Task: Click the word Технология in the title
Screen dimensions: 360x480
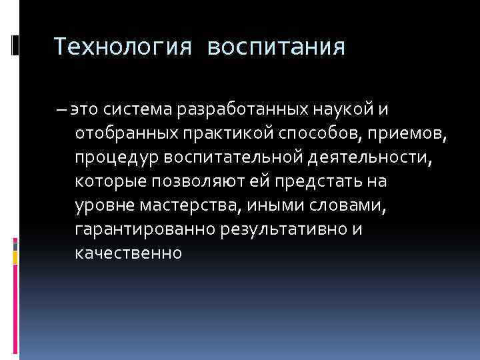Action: coord(124,47)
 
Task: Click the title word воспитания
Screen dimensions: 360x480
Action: coord(276,47)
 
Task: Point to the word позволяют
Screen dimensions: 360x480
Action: coord(203,181)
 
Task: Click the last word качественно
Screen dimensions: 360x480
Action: coord(129,254)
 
